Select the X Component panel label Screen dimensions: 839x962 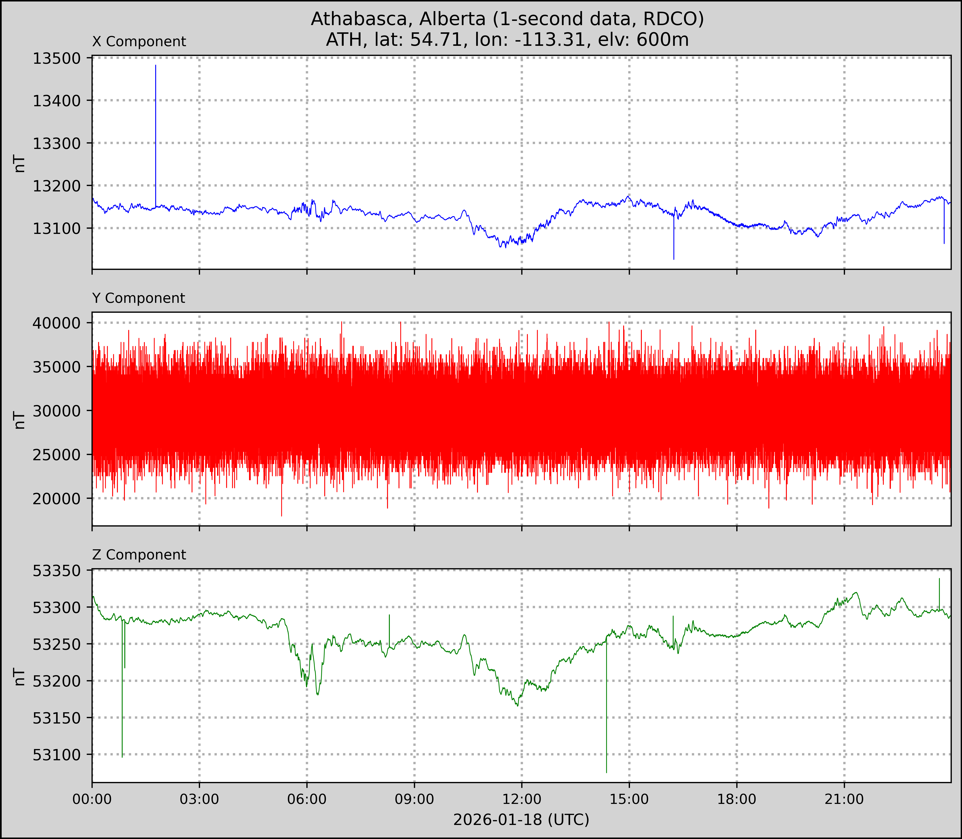click(139, 42)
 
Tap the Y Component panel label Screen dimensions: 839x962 click(139, 298)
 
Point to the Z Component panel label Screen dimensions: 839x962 click(139, 555)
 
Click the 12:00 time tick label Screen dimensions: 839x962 click(522, 799)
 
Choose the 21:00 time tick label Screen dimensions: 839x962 click(844, 799)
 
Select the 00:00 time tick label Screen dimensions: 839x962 click(92, 799)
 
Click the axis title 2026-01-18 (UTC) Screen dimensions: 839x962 click(521, 820)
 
